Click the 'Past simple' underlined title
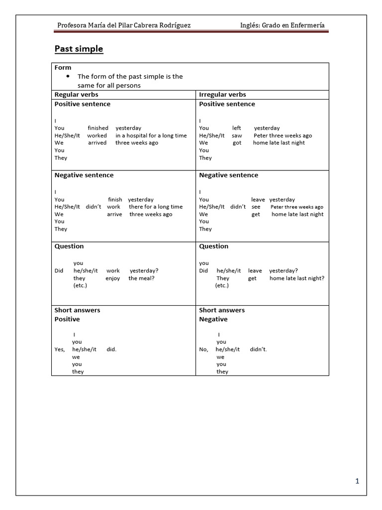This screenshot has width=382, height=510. click(x=79, y=49)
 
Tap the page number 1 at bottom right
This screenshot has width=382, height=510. click(x=357, y=481)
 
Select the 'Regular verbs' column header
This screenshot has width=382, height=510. click(x=76, y=94)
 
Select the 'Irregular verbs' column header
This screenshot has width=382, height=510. click(x=222, y=94)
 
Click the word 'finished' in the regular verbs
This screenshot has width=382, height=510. click(x=98, y=128)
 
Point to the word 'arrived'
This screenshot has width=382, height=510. click(x=97, y=143)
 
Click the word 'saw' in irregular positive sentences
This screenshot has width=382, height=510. click(x=237, y=135)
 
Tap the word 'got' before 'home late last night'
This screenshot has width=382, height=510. click(x=237, y=143)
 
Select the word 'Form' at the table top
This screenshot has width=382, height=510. click(x=63, y=67)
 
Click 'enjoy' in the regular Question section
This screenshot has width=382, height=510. click(x=113, y=278)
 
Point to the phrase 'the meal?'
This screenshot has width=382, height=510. click(x=141, y=278)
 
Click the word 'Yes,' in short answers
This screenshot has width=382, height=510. click(x=60, y=350)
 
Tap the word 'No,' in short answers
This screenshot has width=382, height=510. click(x=204, y=350)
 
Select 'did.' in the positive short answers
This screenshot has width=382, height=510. click(x=111, y=350)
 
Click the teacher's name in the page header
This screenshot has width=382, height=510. click(x=124, y=25)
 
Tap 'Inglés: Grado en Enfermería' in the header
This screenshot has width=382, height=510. click(x=283, y=25)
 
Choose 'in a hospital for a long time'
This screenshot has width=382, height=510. click(x=151, y=135)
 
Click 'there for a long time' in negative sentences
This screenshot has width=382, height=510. click(x=156, y=207)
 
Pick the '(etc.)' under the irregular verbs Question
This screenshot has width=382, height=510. click(x=222, y=286)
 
